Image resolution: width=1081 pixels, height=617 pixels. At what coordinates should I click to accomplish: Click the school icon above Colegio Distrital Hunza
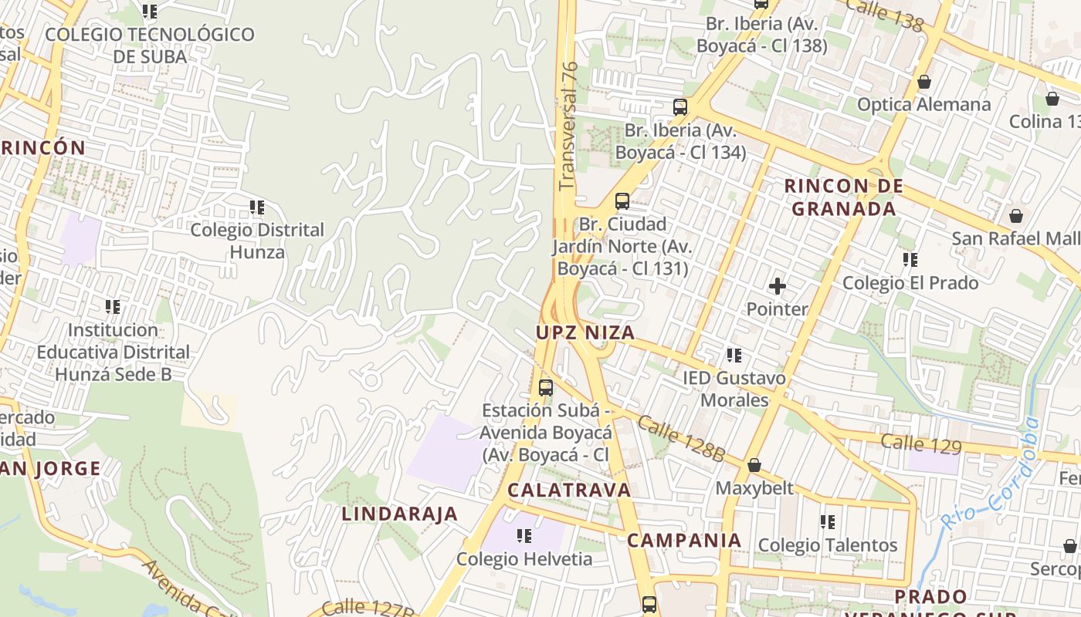257,207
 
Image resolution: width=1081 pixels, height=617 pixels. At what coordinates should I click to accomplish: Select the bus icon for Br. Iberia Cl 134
679,107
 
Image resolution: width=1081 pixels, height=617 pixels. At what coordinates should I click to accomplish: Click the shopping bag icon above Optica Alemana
923,82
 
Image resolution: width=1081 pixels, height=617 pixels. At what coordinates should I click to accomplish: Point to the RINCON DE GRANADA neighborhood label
843,197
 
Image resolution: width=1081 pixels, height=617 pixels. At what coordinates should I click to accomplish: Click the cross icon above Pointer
777,287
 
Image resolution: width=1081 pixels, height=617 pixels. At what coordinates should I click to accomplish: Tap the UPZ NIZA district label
586,333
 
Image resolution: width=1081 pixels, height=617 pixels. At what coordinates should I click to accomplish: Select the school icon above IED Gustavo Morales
734,356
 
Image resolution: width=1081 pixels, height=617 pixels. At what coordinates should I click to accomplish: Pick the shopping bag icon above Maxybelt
754,466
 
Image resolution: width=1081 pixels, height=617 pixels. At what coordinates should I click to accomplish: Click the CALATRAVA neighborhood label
569,490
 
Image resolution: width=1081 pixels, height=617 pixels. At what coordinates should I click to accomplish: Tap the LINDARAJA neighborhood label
400,514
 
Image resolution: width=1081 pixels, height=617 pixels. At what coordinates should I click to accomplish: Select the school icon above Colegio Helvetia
524,535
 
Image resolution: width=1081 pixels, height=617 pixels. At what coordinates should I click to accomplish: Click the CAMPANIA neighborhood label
684,541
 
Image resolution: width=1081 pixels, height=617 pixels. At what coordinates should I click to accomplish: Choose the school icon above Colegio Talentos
828,522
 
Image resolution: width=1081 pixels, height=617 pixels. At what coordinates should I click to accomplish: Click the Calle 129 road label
921,444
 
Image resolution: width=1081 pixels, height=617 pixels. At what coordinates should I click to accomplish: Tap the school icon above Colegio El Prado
910,260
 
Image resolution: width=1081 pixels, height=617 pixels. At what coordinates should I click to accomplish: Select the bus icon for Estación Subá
546,387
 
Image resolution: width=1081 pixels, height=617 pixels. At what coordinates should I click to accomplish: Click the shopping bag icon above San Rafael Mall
1015,216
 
